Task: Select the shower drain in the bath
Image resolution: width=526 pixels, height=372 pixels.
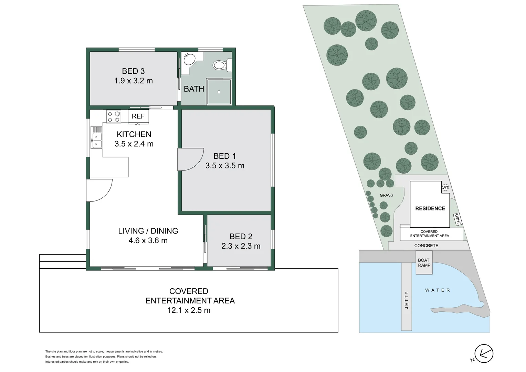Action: click(x=219, y=92)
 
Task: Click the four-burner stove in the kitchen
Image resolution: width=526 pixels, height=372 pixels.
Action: click(x=114, y=116)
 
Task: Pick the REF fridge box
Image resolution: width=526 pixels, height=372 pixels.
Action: click(x=138, y=116)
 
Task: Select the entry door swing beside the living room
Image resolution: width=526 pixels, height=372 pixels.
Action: click(x=99, y=190)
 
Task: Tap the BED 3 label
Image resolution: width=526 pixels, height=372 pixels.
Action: click(x=133, y=71)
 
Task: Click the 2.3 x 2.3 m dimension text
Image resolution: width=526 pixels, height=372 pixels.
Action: click(x=241, y=246)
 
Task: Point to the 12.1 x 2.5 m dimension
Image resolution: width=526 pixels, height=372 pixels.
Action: click(x=189, y=310)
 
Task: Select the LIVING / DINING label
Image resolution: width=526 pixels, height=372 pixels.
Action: click(x=148, y=231)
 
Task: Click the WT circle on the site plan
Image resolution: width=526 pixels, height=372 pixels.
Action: click(x=445, y=188)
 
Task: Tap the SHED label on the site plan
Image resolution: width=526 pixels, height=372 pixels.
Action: click(x=458, y=219)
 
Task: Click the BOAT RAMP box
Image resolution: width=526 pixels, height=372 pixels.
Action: click(x=424, y=263)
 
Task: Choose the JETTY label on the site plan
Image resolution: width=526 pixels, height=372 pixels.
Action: click(x=407, y=300)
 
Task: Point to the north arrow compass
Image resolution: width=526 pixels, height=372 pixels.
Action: click(x=484, y=353)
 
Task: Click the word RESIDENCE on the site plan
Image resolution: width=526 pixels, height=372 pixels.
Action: click(x=430, y=208)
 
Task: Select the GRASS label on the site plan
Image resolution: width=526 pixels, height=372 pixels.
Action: click(x=386, y=195)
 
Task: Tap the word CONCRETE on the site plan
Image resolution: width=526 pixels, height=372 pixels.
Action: click(x=426, y=246)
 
